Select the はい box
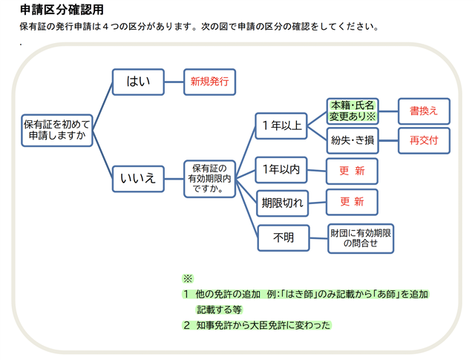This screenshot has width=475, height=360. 137,82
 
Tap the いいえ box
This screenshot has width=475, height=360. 137,177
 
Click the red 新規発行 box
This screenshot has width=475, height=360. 209,82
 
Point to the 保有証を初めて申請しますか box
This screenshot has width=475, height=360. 57,130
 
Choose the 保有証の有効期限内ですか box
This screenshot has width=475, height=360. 209,177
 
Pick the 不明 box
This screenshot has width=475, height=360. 283,238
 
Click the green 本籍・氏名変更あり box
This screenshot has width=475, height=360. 353,111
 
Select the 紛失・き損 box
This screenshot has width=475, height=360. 353,140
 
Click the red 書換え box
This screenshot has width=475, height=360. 424,111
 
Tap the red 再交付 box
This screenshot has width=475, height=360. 424,140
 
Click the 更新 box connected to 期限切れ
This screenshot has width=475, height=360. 352,202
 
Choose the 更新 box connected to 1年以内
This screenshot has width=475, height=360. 352,171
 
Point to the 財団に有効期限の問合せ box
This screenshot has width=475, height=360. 361,238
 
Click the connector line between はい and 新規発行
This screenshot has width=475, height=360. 173,82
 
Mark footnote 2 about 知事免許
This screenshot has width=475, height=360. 257,325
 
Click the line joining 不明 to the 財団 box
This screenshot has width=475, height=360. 318,238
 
